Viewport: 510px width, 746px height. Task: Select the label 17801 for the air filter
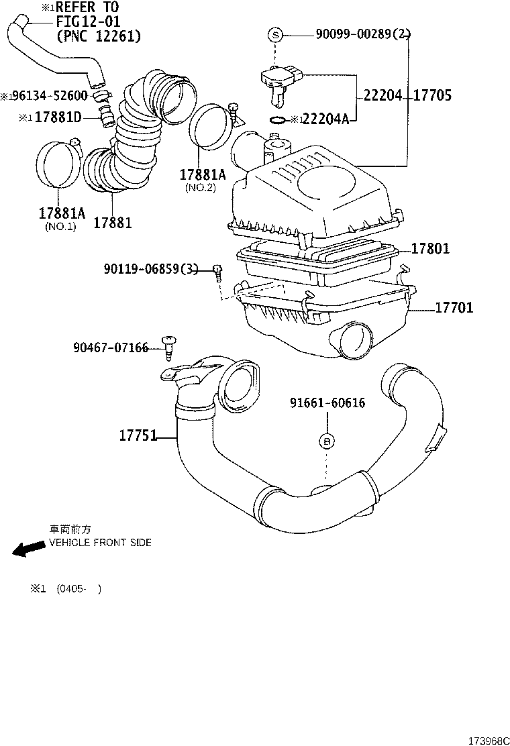click(430, 249)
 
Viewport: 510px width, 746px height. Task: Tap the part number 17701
click(454, 308)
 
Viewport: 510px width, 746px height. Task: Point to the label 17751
click(138, 435)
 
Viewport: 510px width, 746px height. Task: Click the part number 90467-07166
click(111, 348)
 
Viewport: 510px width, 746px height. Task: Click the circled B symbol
click(327, 441)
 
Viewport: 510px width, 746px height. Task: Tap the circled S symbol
click(275, 34)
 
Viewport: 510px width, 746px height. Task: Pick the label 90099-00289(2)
click(363, 34)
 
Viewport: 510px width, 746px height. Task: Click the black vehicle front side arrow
click(28, 549)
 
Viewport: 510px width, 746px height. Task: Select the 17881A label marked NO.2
click(203, 174)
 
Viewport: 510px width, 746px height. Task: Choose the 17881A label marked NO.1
click(62, 213)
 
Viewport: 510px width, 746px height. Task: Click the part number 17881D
click(57, 117)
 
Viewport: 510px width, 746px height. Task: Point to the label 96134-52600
click(51, 96)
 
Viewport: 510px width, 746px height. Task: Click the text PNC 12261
click(99, 36)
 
